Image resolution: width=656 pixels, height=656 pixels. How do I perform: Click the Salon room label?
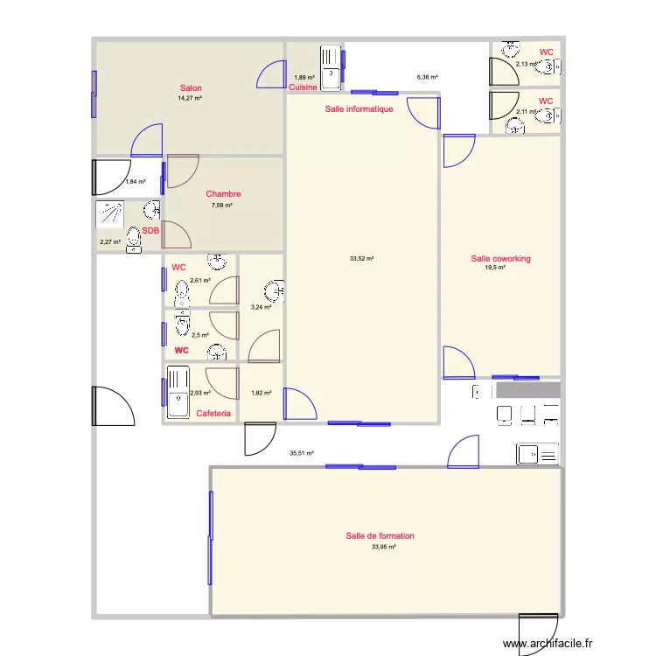[191, 87]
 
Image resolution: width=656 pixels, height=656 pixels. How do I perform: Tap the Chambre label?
[223, 194]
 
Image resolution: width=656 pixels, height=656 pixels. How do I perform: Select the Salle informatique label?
[359, 109]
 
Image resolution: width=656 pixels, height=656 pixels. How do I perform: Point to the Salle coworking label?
[500, 259]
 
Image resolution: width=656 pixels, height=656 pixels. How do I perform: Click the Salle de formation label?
[380, 536]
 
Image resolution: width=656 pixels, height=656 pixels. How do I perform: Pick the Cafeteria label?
[213, 414]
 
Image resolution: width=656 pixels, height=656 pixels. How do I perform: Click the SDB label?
[150, 231]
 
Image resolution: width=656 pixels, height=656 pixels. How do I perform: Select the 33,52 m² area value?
[361, 259]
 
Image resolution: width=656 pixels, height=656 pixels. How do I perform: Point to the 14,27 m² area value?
[190, 98]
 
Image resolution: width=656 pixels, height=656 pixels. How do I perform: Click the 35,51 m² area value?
[302, 453]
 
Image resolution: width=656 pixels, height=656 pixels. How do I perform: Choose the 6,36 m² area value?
[427, 77]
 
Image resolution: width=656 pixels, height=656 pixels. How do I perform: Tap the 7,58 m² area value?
[222, 206]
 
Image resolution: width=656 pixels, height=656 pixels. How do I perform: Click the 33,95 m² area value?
[383, 547]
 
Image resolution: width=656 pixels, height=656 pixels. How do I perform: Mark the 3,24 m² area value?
[261, 307]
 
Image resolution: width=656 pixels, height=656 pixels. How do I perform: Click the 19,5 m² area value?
[496, 268]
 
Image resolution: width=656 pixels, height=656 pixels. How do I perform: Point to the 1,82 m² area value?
[261, 393]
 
